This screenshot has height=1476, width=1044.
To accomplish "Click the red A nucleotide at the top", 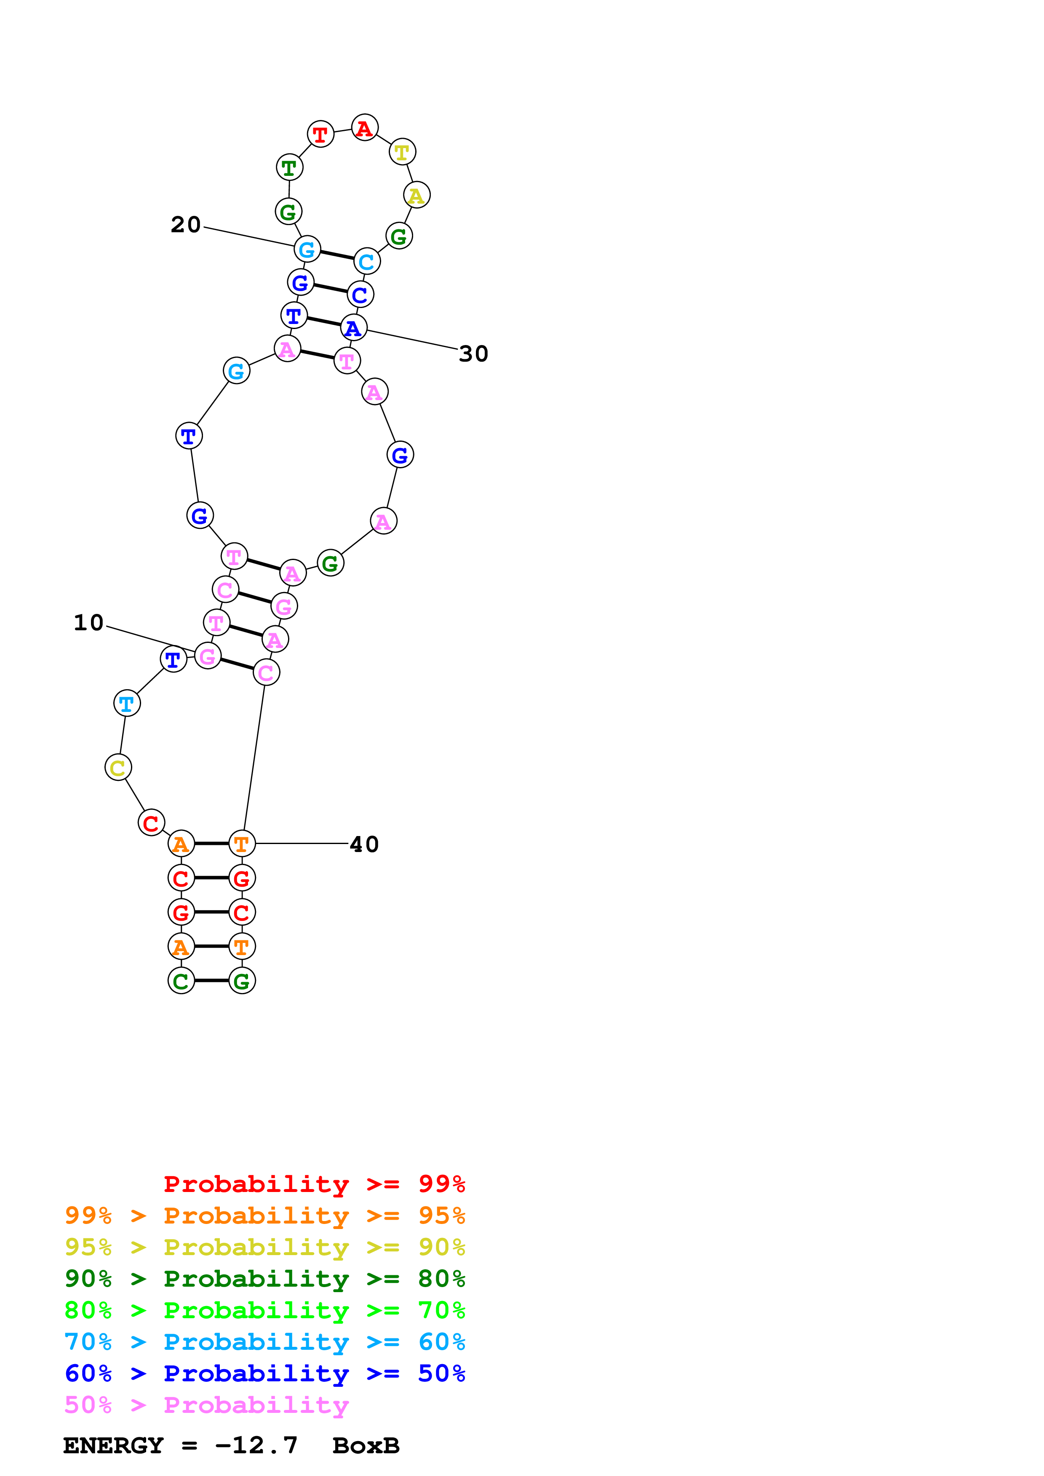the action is pyautogui.click(x=365, y=128).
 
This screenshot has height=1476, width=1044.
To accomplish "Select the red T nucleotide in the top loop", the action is pyautogui.click(x=320, y=134).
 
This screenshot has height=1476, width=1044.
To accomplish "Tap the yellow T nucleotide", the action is pyautogui.click(x=402, y=152).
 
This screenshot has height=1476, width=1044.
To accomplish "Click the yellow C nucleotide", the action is pyautogui.click(x=118, y=767).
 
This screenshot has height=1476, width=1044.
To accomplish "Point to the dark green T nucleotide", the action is pyautogui.click(x=289, y=168).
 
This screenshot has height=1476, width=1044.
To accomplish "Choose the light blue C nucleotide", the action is pyautogui.click(x=367, y=262).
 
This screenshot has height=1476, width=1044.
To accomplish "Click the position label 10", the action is pyautogui.click(x=89, y=622).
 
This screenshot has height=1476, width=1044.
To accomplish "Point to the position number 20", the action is pyautogui.click(x=186, y=224).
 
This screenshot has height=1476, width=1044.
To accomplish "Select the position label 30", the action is pyautogui.click(x=473, y=353).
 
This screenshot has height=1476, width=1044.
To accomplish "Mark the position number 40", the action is pyautogui.click(x=364, y=844).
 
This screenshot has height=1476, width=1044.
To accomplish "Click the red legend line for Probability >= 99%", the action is pyautogui.click(x=314, y=1184).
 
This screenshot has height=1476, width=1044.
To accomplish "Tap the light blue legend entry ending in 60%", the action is pyautogui.click(x=265, y=1342).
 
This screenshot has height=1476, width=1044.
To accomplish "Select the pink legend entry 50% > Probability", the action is pyautogui.click(x=206, y=1405).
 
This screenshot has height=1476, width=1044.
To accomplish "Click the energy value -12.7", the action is pyautogui.click(x=256, y=1446).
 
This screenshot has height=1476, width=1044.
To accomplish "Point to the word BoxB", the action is pyautogui.click(x=366, y=1446).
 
